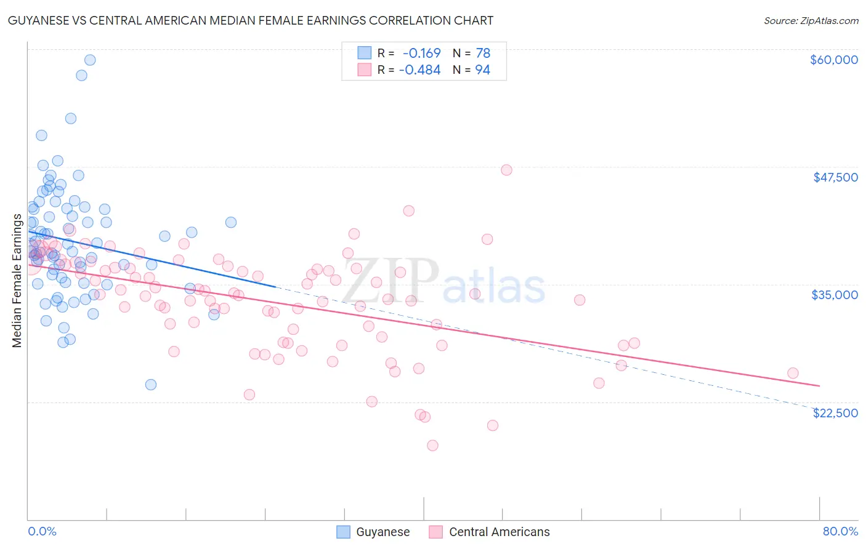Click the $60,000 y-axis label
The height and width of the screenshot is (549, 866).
833,60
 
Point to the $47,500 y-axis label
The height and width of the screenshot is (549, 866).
835,177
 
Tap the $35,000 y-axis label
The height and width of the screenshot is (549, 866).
835,295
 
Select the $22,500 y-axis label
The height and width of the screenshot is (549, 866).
835,413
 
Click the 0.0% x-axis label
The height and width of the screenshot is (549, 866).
42,531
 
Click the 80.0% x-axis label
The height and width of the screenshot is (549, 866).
840,531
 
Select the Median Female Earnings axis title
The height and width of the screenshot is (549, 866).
17,281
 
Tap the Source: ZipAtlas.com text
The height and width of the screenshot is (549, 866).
811,20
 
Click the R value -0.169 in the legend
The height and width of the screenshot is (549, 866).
421,54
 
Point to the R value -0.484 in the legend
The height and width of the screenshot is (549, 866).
419,70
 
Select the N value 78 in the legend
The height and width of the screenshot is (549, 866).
483,54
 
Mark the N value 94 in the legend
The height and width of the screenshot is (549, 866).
483,70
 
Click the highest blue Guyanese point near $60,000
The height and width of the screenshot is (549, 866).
90,60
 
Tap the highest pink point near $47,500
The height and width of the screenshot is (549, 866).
506,170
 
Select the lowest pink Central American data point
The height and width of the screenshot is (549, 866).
432,445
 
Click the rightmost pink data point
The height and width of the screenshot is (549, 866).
793,373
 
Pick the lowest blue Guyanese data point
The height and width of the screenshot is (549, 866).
151,385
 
